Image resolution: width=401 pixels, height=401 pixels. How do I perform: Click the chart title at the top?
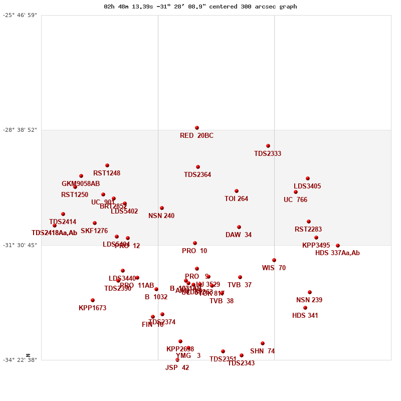200,7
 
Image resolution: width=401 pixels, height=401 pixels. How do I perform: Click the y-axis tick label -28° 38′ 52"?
20,130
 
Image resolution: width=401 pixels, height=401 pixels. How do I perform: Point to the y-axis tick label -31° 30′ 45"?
20,245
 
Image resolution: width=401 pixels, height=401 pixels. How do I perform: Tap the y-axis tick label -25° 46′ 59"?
20,15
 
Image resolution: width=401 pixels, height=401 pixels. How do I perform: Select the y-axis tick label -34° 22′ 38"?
20,360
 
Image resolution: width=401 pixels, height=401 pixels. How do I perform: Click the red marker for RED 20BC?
197,128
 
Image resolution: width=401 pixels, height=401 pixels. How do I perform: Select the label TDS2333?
268,154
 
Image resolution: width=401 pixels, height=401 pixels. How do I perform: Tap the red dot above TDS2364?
198,167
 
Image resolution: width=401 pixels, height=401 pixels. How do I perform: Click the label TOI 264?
236,199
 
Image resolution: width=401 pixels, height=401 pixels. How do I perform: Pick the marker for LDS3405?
308,178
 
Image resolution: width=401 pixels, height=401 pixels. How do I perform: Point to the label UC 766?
295,200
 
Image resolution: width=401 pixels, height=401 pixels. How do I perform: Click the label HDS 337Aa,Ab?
337,253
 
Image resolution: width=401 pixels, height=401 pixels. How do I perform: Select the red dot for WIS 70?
274,260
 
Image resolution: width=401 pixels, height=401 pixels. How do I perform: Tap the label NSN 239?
309,300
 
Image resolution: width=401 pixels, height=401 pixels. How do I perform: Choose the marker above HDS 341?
305,308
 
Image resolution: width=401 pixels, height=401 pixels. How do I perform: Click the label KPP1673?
92,308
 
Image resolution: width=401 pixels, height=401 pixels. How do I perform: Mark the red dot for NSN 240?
162,208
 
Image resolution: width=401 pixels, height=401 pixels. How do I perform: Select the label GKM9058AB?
81,184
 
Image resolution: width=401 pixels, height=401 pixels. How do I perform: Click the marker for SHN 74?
263,343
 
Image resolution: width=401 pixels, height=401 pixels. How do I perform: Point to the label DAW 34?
239,235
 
